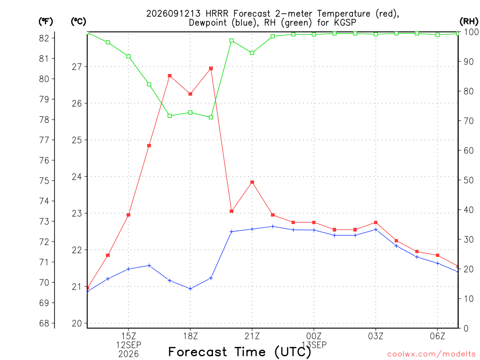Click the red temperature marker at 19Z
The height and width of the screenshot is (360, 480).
click(x=211, y=68)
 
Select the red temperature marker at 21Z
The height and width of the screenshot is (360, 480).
click(x=252, y=182)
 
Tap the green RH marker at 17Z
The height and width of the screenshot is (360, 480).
click(x=170, y=116)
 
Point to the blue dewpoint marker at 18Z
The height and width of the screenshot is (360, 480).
click(x=190, y=289)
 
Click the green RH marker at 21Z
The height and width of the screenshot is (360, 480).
click(x=252, y=53)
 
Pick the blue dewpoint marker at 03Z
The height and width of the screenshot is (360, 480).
click(x=375, y=230)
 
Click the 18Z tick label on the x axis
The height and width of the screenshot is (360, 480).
click(x=190, y=336)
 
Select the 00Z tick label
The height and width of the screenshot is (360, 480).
click(x=314, y=336)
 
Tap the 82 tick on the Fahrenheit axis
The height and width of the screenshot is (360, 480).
click(x=44, y=38)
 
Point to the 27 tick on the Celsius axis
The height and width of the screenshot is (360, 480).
click(x=77, y=67)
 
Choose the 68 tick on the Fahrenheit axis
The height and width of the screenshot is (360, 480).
click(x=44, y=323)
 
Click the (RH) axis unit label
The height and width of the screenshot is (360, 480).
click(x=469, y=22)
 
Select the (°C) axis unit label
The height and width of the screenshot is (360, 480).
click(x=78, y=22)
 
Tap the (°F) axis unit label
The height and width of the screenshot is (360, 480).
click(x=45, y=22)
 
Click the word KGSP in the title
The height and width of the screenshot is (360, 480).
click(x=345, y=22)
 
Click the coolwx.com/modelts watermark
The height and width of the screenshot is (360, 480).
click(x=431, y=354)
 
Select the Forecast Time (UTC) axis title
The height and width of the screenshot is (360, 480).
click(x=240, y=352)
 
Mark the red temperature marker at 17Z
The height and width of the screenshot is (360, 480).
click(x=170, y=76)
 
